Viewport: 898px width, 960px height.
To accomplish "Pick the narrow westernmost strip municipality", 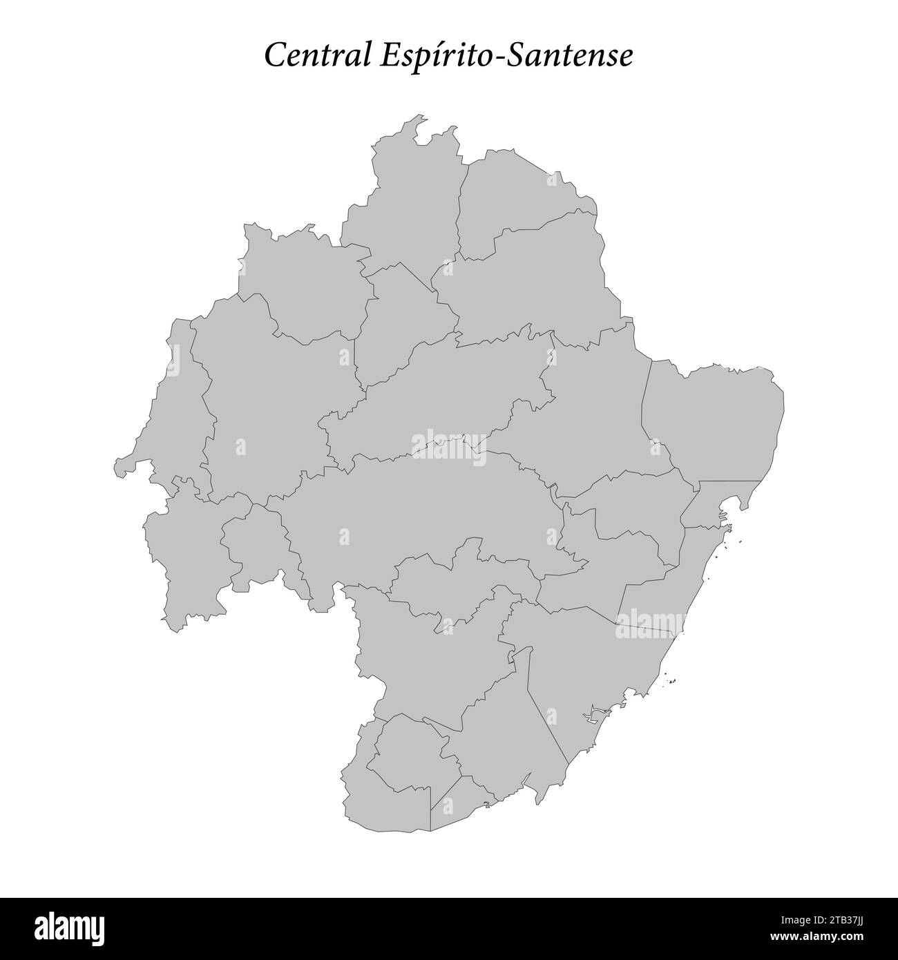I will coord(166,407).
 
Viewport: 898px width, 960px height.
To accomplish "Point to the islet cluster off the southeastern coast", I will coord(671,681).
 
